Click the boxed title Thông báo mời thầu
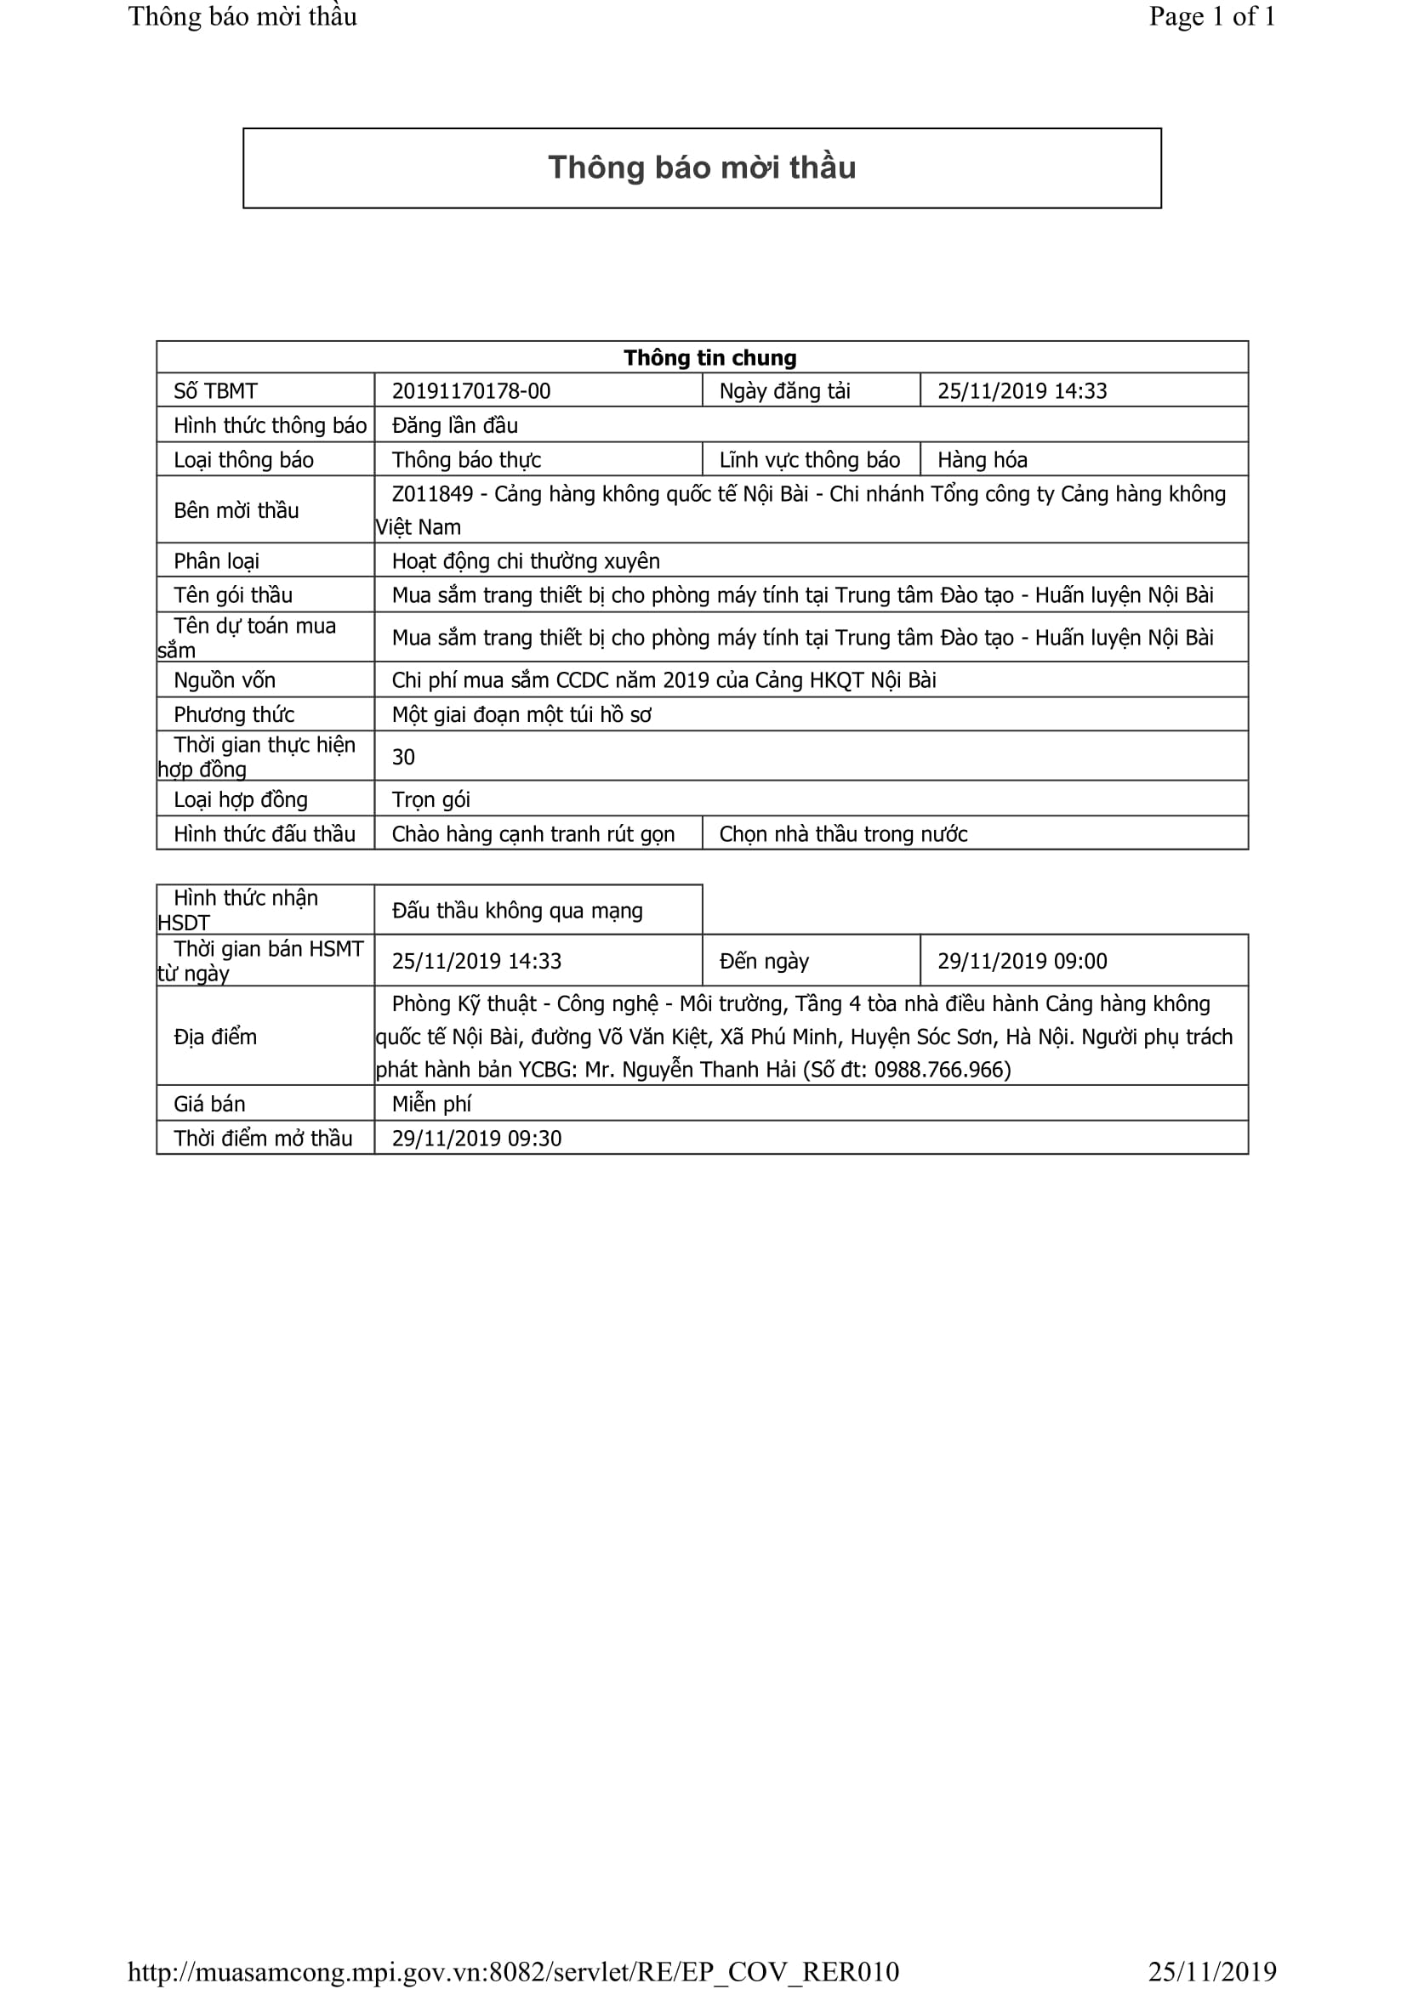(702, 168)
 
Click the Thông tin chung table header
(709, 358)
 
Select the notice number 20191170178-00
(470, 390)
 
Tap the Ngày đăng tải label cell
(784, 390)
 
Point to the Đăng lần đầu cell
(455, 425)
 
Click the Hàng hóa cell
(982, 460)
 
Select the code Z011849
(432, 494)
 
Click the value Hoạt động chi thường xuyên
(525, 561)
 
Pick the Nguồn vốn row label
(225, 680)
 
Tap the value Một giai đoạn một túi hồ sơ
(521, 714)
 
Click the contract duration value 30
(403, 757)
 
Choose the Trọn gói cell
(430, 799)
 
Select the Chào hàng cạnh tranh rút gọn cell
(533, 834)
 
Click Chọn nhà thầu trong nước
(843, 834)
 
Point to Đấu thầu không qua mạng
(517, 911)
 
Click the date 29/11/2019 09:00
(1022, 961)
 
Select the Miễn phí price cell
(431, 1104)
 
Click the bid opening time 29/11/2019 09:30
(476, 1139)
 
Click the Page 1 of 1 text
(1211, 16)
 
